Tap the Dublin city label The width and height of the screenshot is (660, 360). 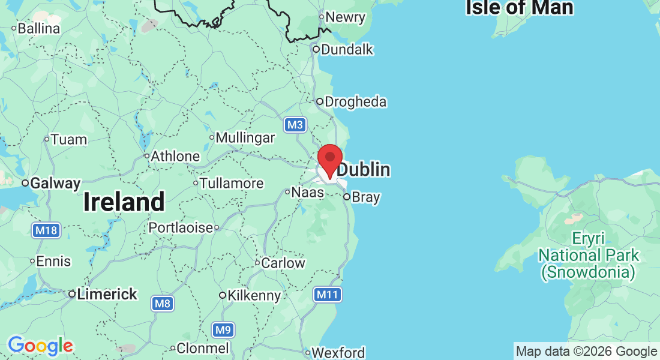coord(363,170)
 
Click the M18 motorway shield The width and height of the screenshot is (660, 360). coord(46,230)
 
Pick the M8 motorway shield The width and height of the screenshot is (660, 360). coord(162,304)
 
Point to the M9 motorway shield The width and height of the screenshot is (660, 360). coord(223,329)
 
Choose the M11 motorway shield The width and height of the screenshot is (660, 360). coord(328,295)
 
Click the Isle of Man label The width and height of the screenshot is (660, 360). coord(520,8)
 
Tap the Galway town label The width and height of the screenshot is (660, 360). coord(56,183)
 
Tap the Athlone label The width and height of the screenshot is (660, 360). coord(175,156)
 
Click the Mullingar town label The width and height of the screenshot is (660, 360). coord(245,137)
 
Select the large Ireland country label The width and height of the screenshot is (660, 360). coord(124,202)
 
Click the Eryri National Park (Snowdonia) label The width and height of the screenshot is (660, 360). coord(588,255)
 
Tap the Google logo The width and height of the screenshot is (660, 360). coord(40,346)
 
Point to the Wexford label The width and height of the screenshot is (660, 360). coord(338,352)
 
